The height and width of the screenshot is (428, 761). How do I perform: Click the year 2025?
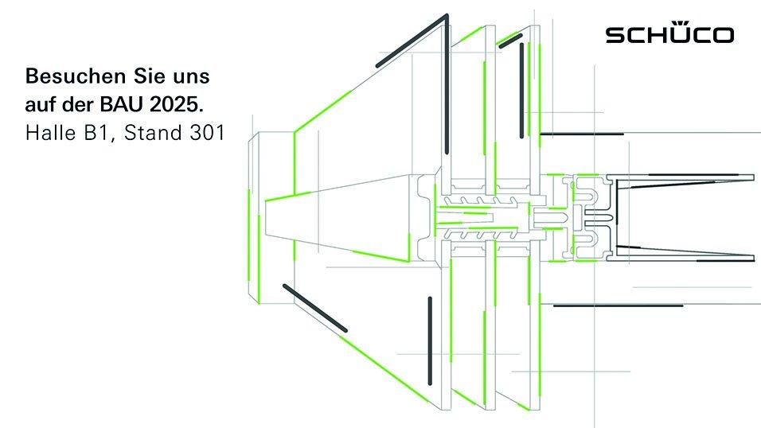pos(177,104)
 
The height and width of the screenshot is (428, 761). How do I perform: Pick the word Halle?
pos(50,133)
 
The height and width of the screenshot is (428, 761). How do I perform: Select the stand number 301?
pos(207,133)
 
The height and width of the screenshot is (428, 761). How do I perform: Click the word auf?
pos(40,104)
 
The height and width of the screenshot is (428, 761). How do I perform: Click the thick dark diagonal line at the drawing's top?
pos(412,41)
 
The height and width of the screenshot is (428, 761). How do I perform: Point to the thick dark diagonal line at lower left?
pos(315,308)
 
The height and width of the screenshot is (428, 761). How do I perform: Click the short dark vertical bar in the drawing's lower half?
pos(430,340)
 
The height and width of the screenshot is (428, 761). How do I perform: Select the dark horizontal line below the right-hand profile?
pos(618,305)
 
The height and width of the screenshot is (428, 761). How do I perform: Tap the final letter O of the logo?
pos(722,36)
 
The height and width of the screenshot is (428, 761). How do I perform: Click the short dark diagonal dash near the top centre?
pos(510,41)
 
